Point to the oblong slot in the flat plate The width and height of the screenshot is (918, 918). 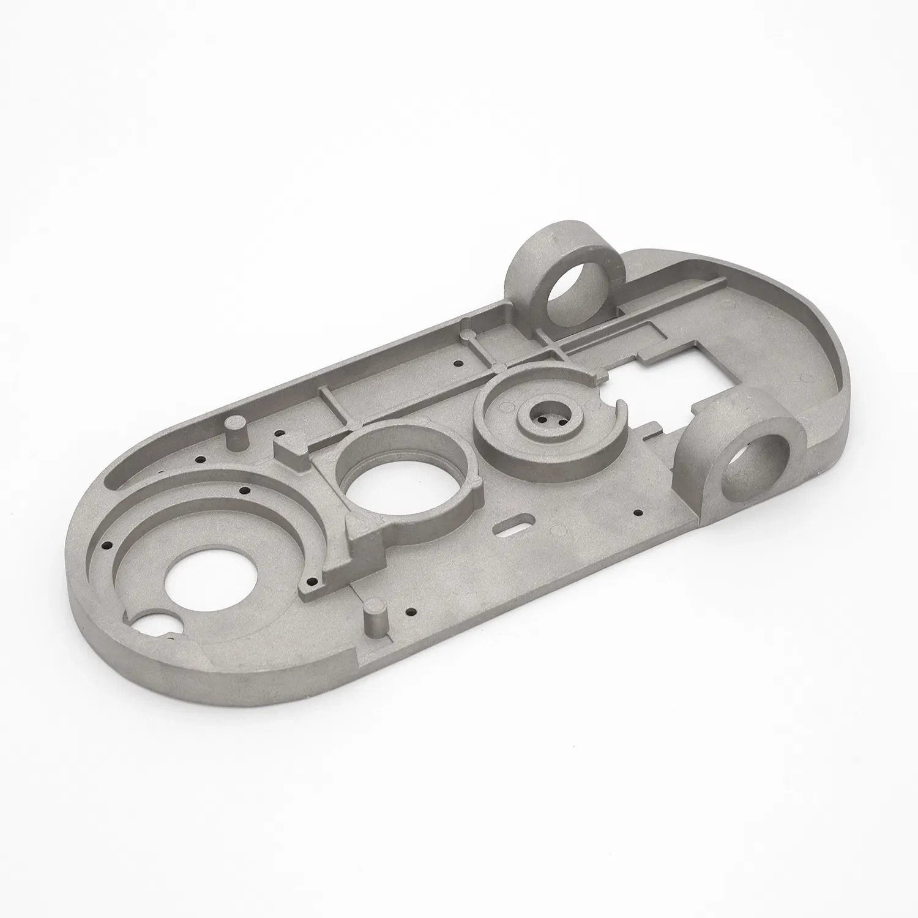[515, 529]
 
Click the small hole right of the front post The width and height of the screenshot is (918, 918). [410, 612]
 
